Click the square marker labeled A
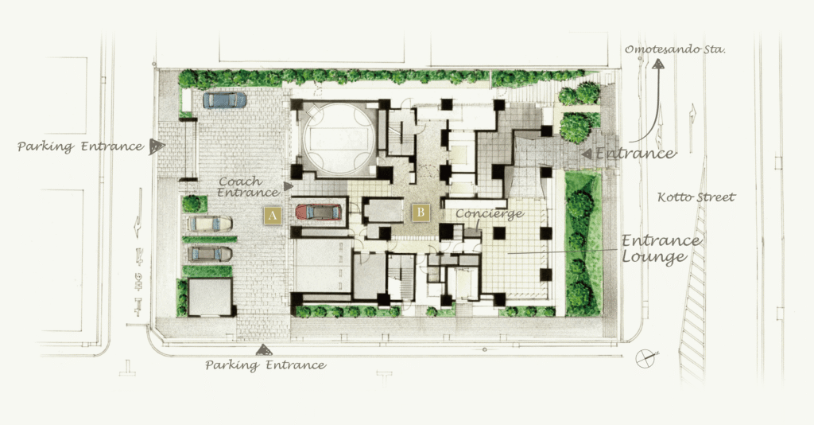point(273,216)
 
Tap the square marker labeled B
point(421,212)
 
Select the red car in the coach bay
point(319,212)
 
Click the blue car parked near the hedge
point(225,99)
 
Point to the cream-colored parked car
point(210,224)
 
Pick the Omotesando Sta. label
point(675,50)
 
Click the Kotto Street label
point(696,197)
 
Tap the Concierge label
point(490,213)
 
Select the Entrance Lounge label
point(661,249)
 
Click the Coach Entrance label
point(248,187)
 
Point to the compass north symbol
point(646,358)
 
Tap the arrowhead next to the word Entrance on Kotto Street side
point(587,154)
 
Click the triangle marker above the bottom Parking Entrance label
point(264,350)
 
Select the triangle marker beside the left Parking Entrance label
point(157,147)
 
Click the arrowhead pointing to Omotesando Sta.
point(658,64)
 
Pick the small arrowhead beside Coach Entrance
point(288,186)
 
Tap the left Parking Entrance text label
point(80,146)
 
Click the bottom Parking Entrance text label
point(266,365)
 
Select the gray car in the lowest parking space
point(210,254)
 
